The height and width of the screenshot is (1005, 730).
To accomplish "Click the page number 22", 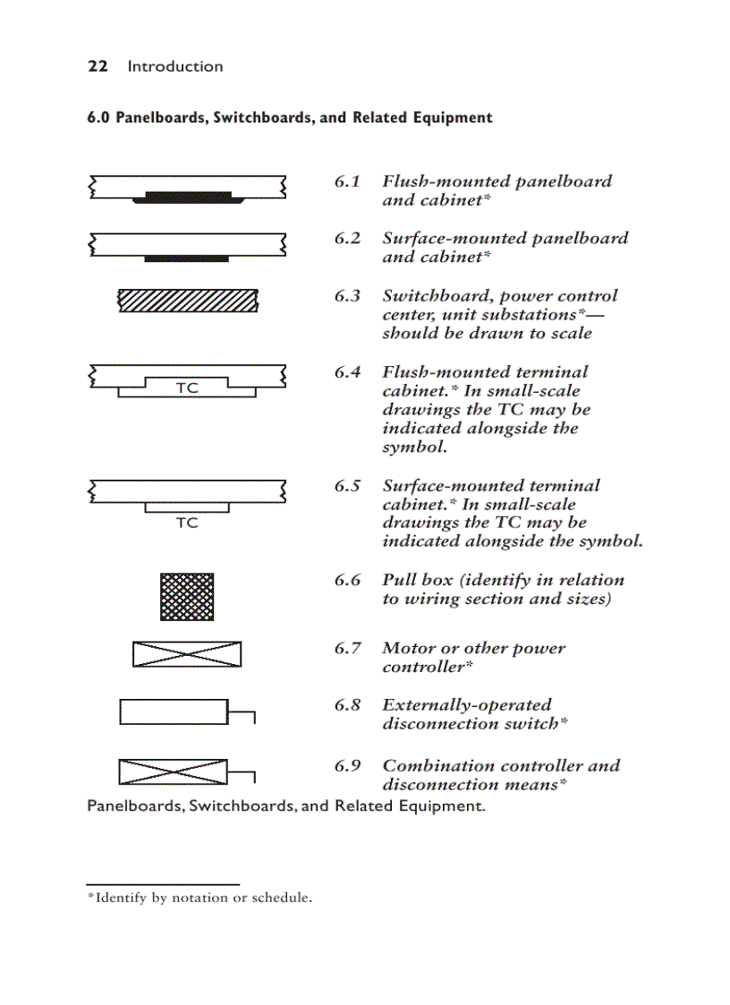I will (98, 66).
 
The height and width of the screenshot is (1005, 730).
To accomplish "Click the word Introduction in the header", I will (175, 66).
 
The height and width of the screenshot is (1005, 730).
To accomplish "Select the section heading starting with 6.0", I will (289, 117).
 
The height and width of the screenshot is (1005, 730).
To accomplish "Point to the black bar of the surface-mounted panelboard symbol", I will (187, 258).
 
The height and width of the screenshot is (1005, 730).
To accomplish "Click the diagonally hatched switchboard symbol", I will (188, 301).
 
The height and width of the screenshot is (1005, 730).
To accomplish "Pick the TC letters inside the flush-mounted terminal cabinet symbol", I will (187, 388).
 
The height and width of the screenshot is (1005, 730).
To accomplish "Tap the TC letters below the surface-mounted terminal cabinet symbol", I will (187, 523).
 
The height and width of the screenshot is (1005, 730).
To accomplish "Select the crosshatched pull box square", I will (187, 597).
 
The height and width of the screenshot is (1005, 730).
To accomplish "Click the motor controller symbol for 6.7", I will (187, 654).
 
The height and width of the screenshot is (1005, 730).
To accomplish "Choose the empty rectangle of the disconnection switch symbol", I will (174, 711).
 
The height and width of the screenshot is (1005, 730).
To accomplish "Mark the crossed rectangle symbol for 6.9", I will (173, 771).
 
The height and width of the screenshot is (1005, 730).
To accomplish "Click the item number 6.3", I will (348, 296).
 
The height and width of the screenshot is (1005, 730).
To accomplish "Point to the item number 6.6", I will (348, 580).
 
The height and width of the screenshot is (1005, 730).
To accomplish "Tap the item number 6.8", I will (348, 705).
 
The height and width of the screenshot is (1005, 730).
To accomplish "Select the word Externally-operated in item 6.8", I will (467, 705).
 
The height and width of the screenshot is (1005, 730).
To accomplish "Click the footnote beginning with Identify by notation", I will (199, 898).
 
